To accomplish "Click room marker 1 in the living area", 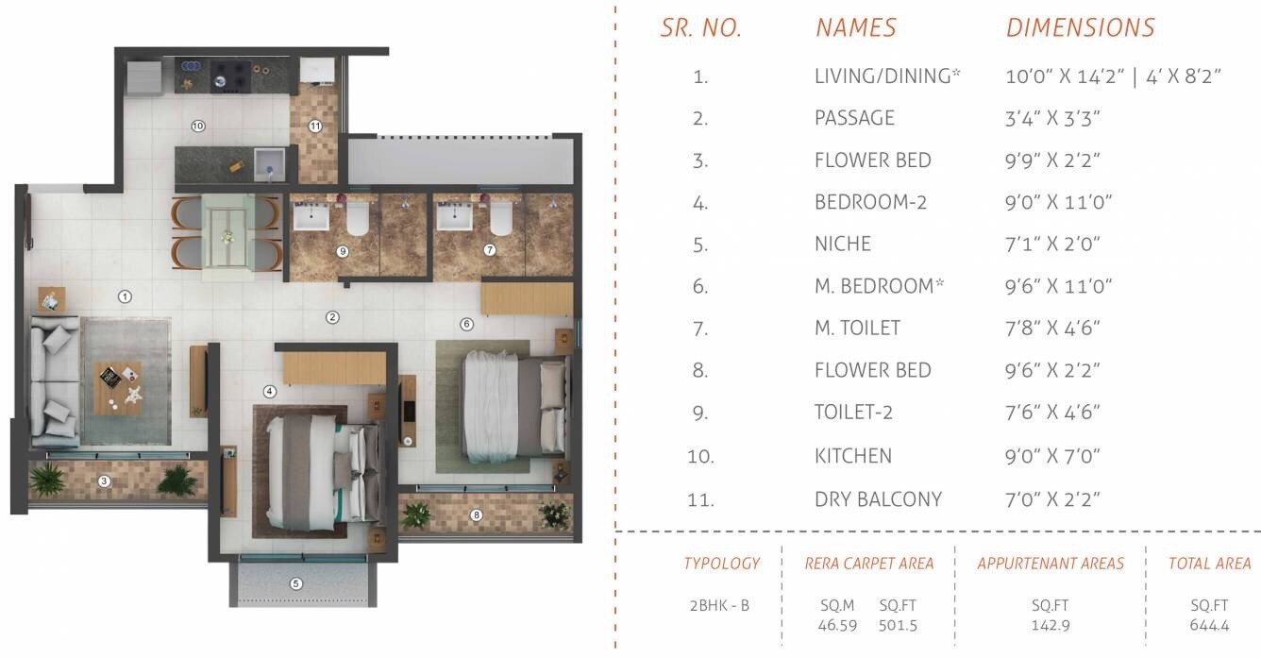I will coord(124,296).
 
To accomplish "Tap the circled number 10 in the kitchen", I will coord(198,125).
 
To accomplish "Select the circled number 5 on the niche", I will coord(296,583).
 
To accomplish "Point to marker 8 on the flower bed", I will coord(477,515).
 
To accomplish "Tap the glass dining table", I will coord(227,231).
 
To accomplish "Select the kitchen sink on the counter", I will coord(267,161).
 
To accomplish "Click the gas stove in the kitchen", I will coord(230,75).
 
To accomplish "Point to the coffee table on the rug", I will coord(118,386).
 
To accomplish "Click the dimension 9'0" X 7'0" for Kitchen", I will coord(1053,456).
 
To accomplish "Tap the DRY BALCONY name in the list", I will coord(878,499).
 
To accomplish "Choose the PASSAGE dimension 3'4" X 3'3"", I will coord(1053,118).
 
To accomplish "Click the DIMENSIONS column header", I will coord(1080,28).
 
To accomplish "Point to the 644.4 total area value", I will coord(1209,625).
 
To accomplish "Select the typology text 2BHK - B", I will coord(719,605).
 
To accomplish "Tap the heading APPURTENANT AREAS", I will coord(1051,564).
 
